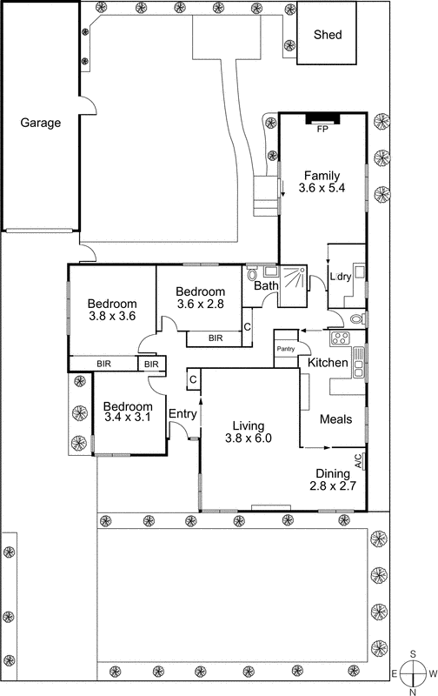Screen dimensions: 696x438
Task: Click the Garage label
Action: point(41,123)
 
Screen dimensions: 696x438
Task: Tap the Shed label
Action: point(328,36)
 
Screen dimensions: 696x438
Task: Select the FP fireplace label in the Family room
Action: point(322,129)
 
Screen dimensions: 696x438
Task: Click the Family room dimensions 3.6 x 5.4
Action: point(322,187)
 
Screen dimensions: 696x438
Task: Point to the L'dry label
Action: point(341,277)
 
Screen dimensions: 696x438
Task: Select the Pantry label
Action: point(286,349)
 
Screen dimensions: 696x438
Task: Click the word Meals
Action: point(335,419)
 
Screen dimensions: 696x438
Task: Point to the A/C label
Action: point(358,458)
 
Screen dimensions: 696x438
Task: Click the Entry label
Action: point(182,414)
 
